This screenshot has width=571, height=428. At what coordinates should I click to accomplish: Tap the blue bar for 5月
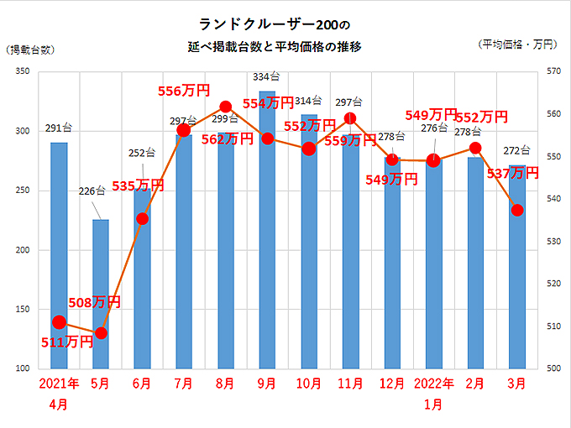pyautogui.click(x=101, y=294)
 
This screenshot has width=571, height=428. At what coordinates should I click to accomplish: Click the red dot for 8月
pyautogui.click(x=225, y=107)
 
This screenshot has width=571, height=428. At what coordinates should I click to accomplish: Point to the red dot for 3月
pyautogui.click(x=517, y=210)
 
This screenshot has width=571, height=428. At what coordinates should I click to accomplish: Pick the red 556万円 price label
pyautogui.click(x=184, y=90)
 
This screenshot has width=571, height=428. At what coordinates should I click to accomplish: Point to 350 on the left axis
pyautogui.click(x=22, y=73)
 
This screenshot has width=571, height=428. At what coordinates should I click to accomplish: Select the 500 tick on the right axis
pyautogui.click(x=553, y=368)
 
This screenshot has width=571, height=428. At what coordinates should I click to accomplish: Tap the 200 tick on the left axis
pyautogui.click(x=22, y=250)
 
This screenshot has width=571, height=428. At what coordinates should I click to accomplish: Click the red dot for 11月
pyautogui.click(x=350, y=118)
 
